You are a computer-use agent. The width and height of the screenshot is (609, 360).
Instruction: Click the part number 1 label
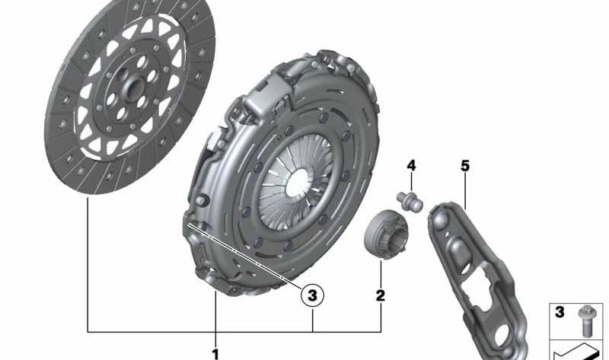tap(215, 353)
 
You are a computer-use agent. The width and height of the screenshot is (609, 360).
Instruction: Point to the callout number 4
tap(411, 165)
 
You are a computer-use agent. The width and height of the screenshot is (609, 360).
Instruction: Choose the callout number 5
tap(465, 165)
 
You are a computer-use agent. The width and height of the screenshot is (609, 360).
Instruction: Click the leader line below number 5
tap(465, 190)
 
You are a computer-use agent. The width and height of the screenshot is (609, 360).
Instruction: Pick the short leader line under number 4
tap(411, 181)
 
